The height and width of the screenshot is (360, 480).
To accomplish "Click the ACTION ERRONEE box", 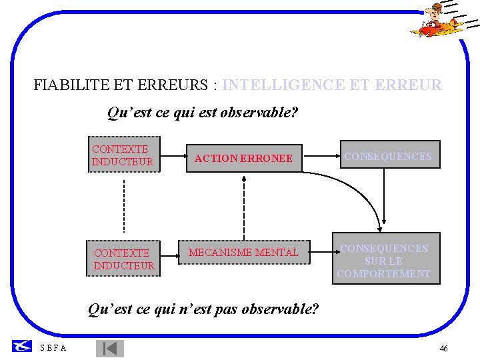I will click(x=243, y=159).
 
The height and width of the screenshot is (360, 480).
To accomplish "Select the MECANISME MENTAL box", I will click(x=243, y=253).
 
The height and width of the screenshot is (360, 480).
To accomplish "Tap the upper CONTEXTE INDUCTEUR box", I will click(x=124, y=155).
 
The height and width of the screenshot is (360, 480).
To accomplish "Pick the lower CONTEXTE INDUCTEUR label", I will click(x=124, y=259).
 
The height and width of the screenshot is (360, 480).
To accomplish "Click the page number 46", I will click(x=443, y=349).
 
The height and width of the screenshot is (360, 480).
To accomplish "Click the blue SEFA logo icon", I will click(x=23, y=346).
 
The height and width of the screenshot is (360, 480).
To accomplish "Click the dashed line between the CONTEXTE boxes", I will click(x=124, y=204).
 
